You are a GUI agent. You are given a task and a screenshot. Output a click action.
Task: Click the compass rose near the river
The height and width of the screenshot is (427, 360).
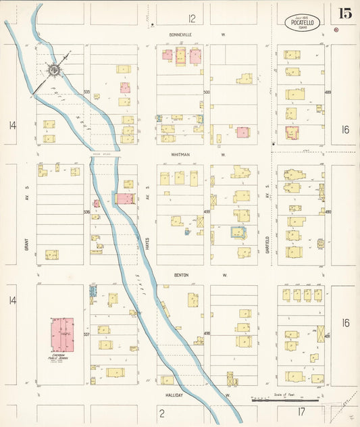pos(53,69)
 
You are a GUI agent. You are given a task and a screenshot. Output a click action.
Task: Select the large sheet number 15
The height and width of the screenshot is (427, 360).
pos(344,14)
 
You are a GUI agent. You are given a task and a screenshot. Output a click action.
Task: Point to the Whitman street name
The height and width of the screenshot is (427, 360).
pos(180,155)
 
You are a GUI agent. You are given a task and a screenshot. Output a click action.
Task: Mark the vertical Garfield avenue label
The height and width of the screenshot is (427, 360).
pos(267,233)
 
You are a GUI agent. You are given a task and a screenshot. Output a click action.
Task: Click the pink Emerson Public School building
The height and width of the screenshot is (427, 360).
pos(61,334)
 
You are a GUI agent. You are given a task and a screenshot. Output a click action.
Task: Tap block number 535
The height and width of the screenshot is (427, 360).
pos(86,92)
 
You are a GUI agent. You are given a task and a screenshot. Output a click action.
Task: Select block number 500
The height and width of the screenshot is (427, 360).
pos(207,92)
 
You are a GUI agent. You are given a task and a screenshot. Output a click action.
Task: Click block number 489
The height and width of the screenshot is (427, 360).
pos(328,92)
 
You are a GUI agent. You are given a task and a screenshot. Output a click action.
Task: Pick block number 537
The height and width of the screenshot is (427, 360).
pos(86,334)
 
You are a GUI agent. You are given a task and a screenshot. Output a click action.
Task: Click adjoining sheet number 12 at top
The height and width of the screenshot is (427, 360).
pos(192,18)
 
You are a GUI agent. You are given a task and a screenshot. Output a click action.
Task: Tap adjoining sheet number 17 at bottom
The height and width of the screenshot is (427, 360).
pos(301,411)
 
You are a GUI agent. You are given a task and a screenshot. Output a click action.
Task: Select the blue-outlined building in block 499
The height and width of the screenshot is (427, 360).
pos(238,232)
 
